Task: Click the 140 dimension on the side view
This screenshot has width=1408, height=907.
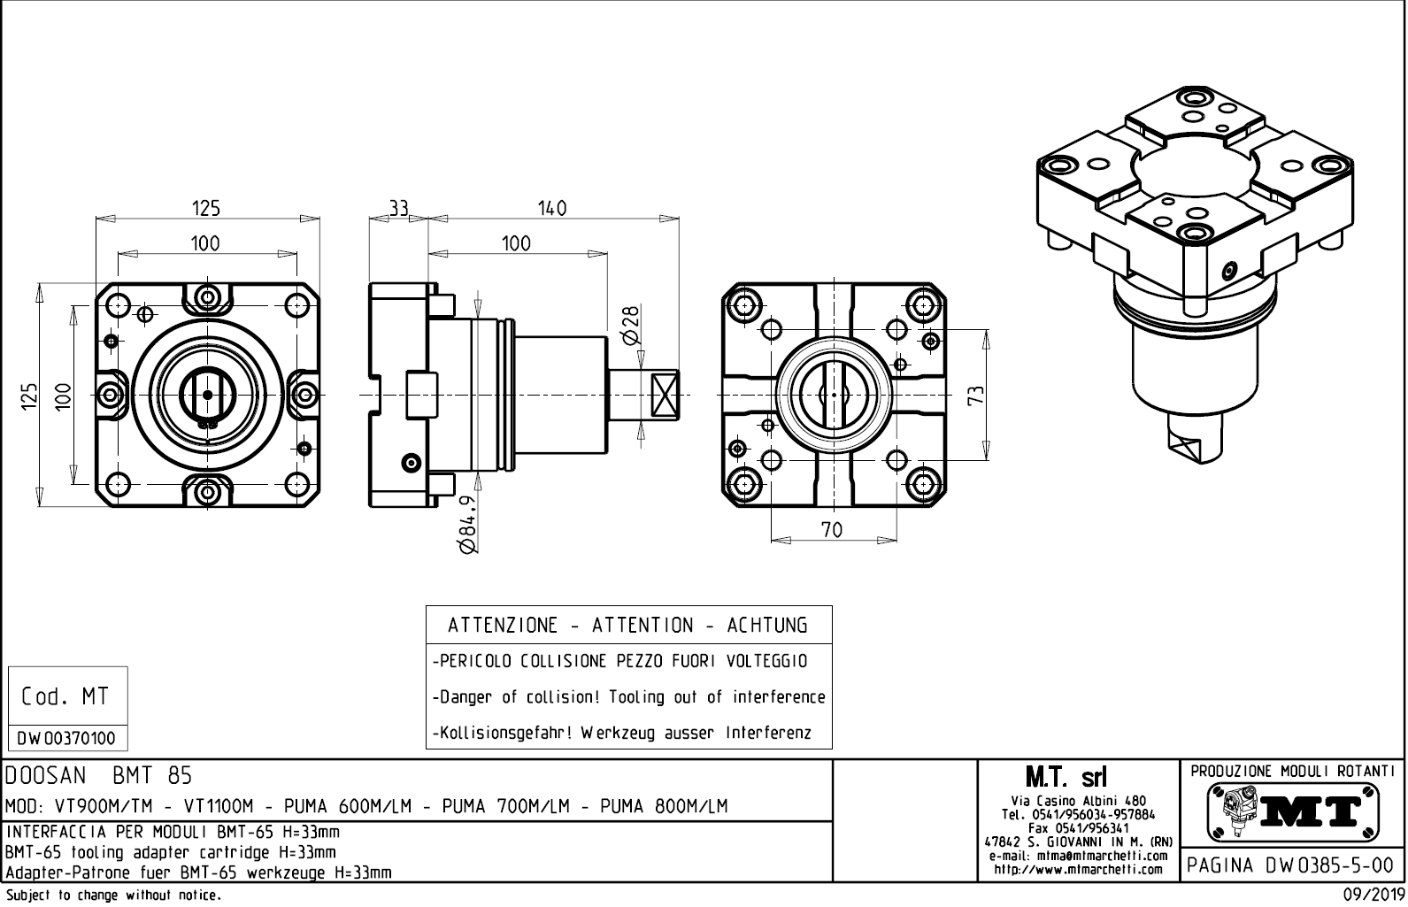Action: tap(550, 208)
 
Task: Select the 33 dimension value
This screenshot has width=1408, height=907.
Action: tap(398, 208)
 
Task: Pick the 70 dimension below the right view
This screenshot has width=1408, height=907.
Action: tap(831, 529)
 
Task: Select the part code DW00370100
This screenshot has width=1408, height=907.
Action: tap(66, 738)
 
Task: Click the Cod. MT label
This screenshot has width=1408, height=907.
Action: tap(65, 697)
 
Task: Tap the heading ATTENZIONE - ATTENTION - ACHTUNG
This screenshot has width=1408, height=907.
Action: tap(627, 626)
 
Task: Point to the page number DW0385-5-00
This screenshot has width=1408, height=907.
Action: tap(1292, 865)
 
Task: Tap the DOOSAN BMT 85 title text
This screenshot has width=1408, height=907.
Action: tap(98, 776)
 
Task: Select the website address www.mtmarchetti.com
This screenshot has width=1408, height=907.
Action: tap(1078, 869)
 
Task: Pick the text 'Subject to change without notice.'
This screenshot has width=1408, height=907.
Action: tap(112, 895)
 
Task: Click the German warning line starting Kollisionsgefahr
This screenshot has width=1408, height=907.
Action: tap(621, 734)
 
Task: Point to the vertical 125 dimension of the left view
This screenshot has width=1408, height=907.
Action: tap(30, 395)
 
